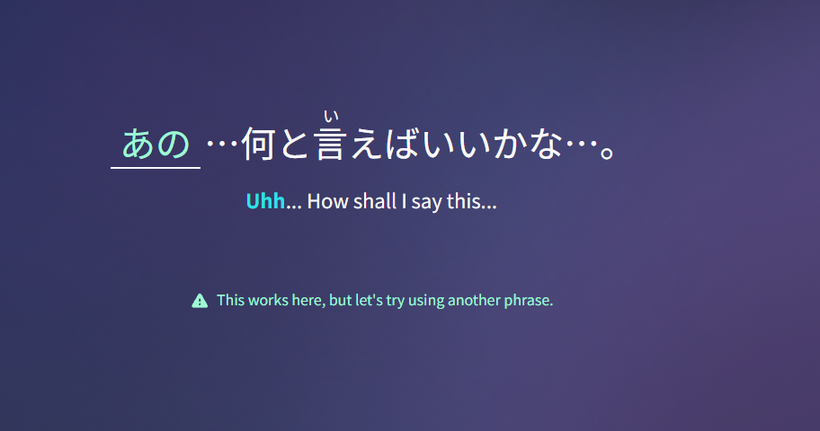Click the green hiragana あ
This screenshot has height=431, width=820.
(x=138, y=144)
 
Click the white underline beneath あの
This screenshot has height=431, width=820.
(x=156, y=168)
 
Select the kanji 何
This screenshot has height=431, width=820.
(x=258, y=144)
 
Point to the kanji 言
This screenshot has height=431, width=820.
(x=331, y=144)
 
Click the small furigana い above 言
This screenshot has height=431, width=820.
(x=331, y=116)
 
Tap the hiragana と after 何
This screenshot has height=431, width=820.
(x=294, y=145)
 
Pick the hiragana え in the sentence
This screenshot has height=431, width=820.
(x=368, y=145)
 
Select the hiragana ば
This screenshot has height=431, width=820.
(x=403, y=144)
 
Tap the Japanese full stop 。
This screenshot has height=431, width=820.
(x=607, y=153)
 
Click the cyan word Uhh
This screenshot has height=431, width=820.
(x=265, y=201)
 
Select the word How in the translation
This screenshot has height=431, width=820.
(x=328, y=201)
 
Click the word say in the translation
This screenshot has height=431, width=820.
(x=426, y=203)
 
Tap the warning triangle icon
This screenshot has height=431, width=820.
(x=200, y=301)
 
